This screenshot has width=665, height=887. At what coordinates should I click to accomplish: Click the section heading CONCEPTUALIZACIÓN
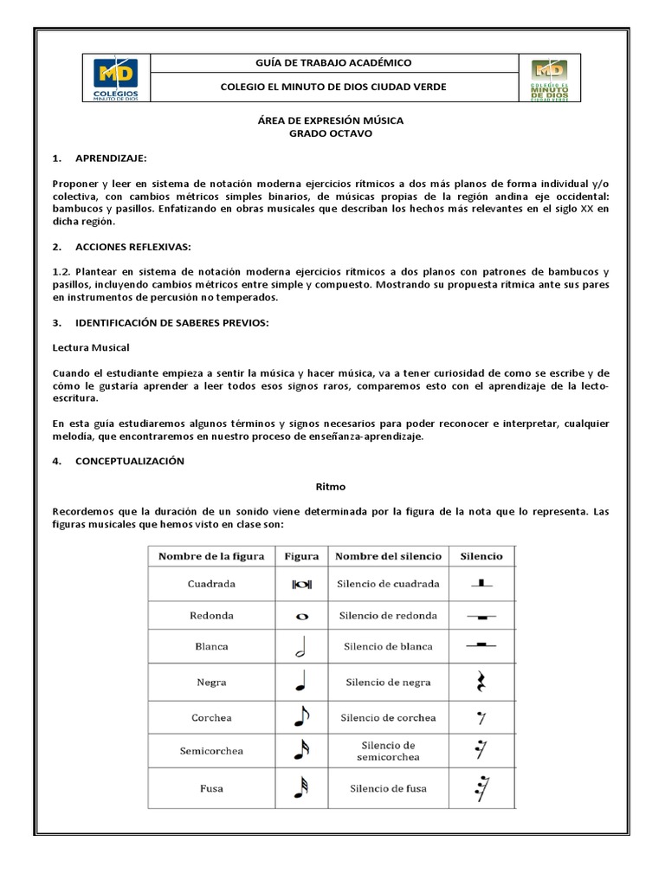coord(130,462)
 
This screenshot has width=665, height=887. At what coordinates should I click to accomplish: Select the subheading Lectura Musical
coord(91,347)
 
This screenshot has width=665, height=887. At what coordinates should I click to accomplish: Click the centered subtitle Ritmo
coord(332,488)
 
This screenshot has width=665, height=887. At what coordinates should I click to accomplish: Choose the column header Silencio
coord(481,556)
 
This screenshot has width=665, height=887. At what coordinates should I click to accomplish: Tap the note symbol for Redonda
coord(301,616)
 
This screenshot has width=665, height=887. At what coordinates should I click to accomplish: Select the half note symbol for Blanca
coord(300,648)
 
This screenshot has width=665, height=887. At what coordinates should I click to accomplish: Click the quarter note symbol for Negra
coord(300,683)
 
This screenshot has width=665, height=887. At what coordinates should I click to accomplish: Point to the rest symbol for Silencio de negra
coord(482,683)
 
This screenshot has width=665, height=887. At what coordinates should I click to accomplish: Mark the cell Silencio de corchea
coord(388,718)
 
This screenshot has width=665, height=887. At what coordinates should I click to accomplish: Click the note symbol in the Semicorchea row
coord(300,751)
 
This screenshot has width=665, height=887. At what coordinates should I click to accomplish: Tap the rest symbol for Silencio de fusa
coord(481,788)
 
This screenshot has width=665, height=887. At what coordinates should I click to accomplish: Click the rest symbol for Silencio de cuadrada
coord(482,584)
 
